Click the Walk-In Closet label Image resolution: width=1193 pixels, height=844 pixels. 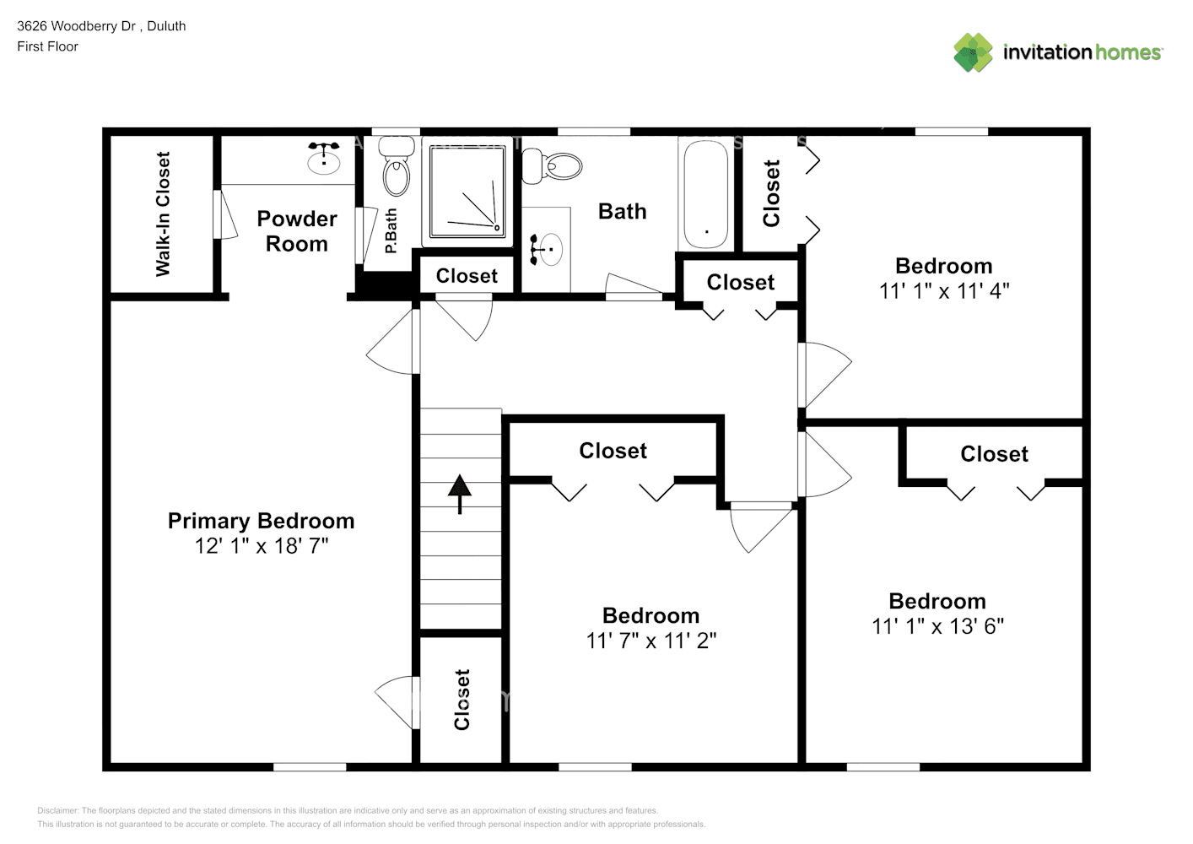[x=163, y=214]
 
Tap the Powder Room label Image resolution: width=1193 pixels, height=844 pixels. [x=296, y=231]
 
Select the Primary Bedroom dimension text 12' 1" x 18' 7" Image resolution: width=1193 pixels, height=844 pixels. [x=262, y=546]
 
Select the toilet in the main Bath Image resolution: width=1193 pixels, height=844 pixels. [x=553, y=165]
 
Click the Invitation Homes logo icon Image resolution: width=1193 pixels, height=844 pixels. [x=973, y=52]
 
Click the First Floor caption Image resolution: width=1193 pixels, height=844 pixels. [x=47, y=46]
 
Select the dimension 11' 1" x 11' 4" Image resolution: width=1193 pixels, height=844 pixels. [x=944, y=291]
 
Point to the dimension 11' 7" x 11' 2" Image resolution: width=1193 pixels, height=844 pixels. [x=651, y=641]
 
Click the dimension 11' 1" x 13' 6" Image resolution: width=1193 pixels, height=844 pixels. [x=937, y=626]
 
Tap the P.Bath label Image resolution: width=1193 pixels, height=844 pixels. [x=391, y=232]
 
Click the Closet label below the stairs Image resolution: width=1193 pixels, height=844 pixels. [x=462, y=700]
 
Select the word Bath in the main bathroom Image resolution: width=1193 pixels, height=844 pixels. [x=622, y=212]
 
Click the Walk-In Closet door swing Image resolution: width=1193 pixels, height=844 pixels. [x=224, y=215]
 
